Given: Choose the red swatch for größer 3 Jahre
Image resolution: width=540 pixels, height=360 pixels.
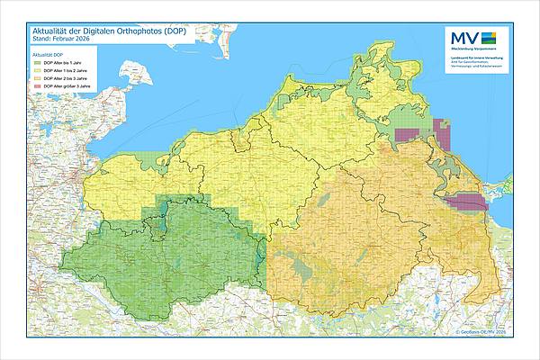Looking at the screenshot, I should click(x=37, y=87).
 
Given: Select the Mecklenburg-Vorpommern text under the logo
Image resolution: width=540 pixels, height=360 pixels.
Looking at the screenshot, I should click(x=472, y=49).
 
